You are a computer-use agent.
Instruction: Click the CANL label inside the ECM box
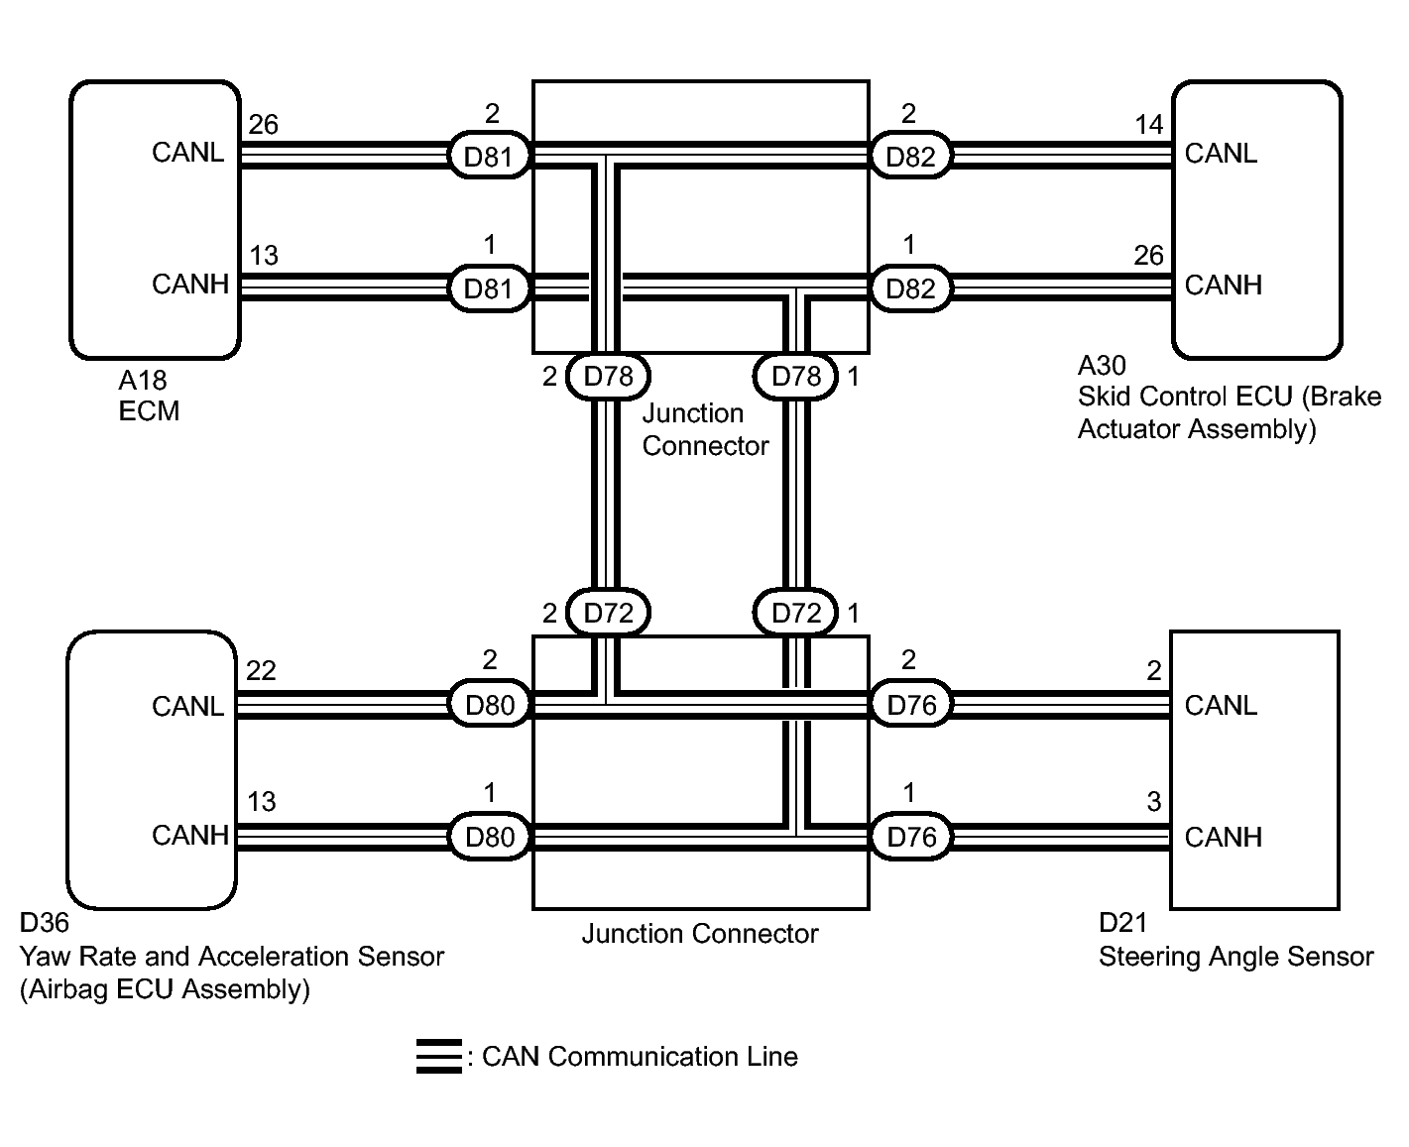tap(187, 153)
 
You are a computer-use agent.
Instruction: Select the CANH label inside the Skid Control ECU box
tap(1223, 286)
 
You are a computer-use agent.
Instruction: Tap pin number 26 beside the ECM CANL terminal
tap(263, 125)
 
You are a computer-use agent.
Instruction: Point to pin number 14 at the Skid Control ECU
tap(1148, 125)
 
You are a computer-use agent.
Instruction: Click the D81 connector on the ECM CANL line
tap(489, 156)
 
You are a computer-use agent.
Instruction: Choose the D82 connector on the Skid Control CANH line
tap(910, 288)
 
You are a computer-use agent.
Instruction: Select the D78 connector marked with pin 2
tap(608, 377)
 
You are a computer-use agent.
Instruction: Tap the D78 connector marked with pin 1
tap(796, 377)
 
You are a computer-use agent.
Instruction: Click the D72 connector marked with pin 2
tap(608, 614)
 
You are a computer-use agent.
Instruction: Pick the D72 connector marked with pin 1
tap(796, 614)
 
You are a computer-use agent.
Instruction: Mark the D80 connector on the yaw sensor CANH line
tap(489, 838)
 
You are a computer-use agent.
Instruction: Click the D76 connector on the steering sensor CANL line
tap(911, 706)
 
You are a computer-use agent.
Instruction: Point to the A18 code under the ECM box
tap(143, 380)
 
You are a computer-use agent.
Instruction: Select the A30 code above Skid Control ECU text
tap(1102, 366)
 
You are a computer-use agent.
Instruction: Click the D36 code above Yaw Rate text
tap(45, 924)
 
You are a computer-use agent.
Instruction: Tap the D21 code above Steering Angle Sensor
tap(1122, 924)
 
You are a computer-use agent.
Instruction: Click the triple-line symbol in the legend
tap(438, 1057)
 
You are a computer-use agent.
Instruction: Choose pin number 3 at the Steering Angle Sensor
tap(1153, 802)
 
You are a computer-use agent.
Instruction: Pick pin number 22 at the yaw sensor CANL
tap(261, 671)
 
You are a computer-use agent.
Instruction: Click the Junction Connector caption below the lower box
tap(700, 934)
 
